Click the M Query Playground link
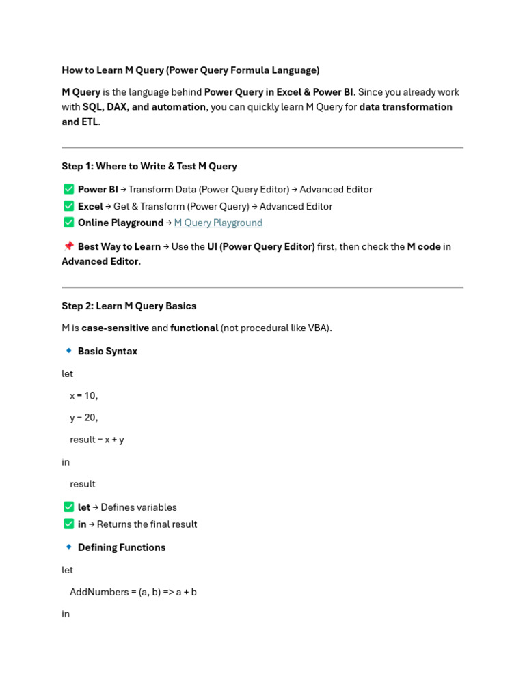pos(218,223)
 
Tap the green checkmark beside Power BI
pos(68,189)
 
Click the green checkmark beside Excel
pos(68,206)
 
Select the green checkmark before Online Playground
pos(68,223)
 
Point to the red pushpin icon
pos(68,246)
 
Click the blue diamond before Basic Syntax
pos(68,351)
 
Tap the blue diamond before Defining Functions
pos(68,547)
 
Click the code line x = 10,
pos(84,395)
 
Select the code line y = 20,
pos(84,417)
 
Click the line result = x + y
pos(97,440)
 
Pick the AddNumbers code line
pos(133,592)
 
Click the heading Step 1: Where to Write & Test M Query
pos(149,166)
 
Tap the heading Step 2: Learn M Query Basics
pos(129,306)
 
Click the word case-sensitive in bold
pos(115,328)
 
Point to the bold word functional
pos(194,328)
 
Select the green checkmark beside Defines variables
pos(68,507)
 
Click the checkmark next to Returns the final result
pos(68,524)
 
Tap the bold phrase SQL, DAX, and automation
pos(144,106)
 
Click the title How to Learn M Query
pos(190,70)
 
